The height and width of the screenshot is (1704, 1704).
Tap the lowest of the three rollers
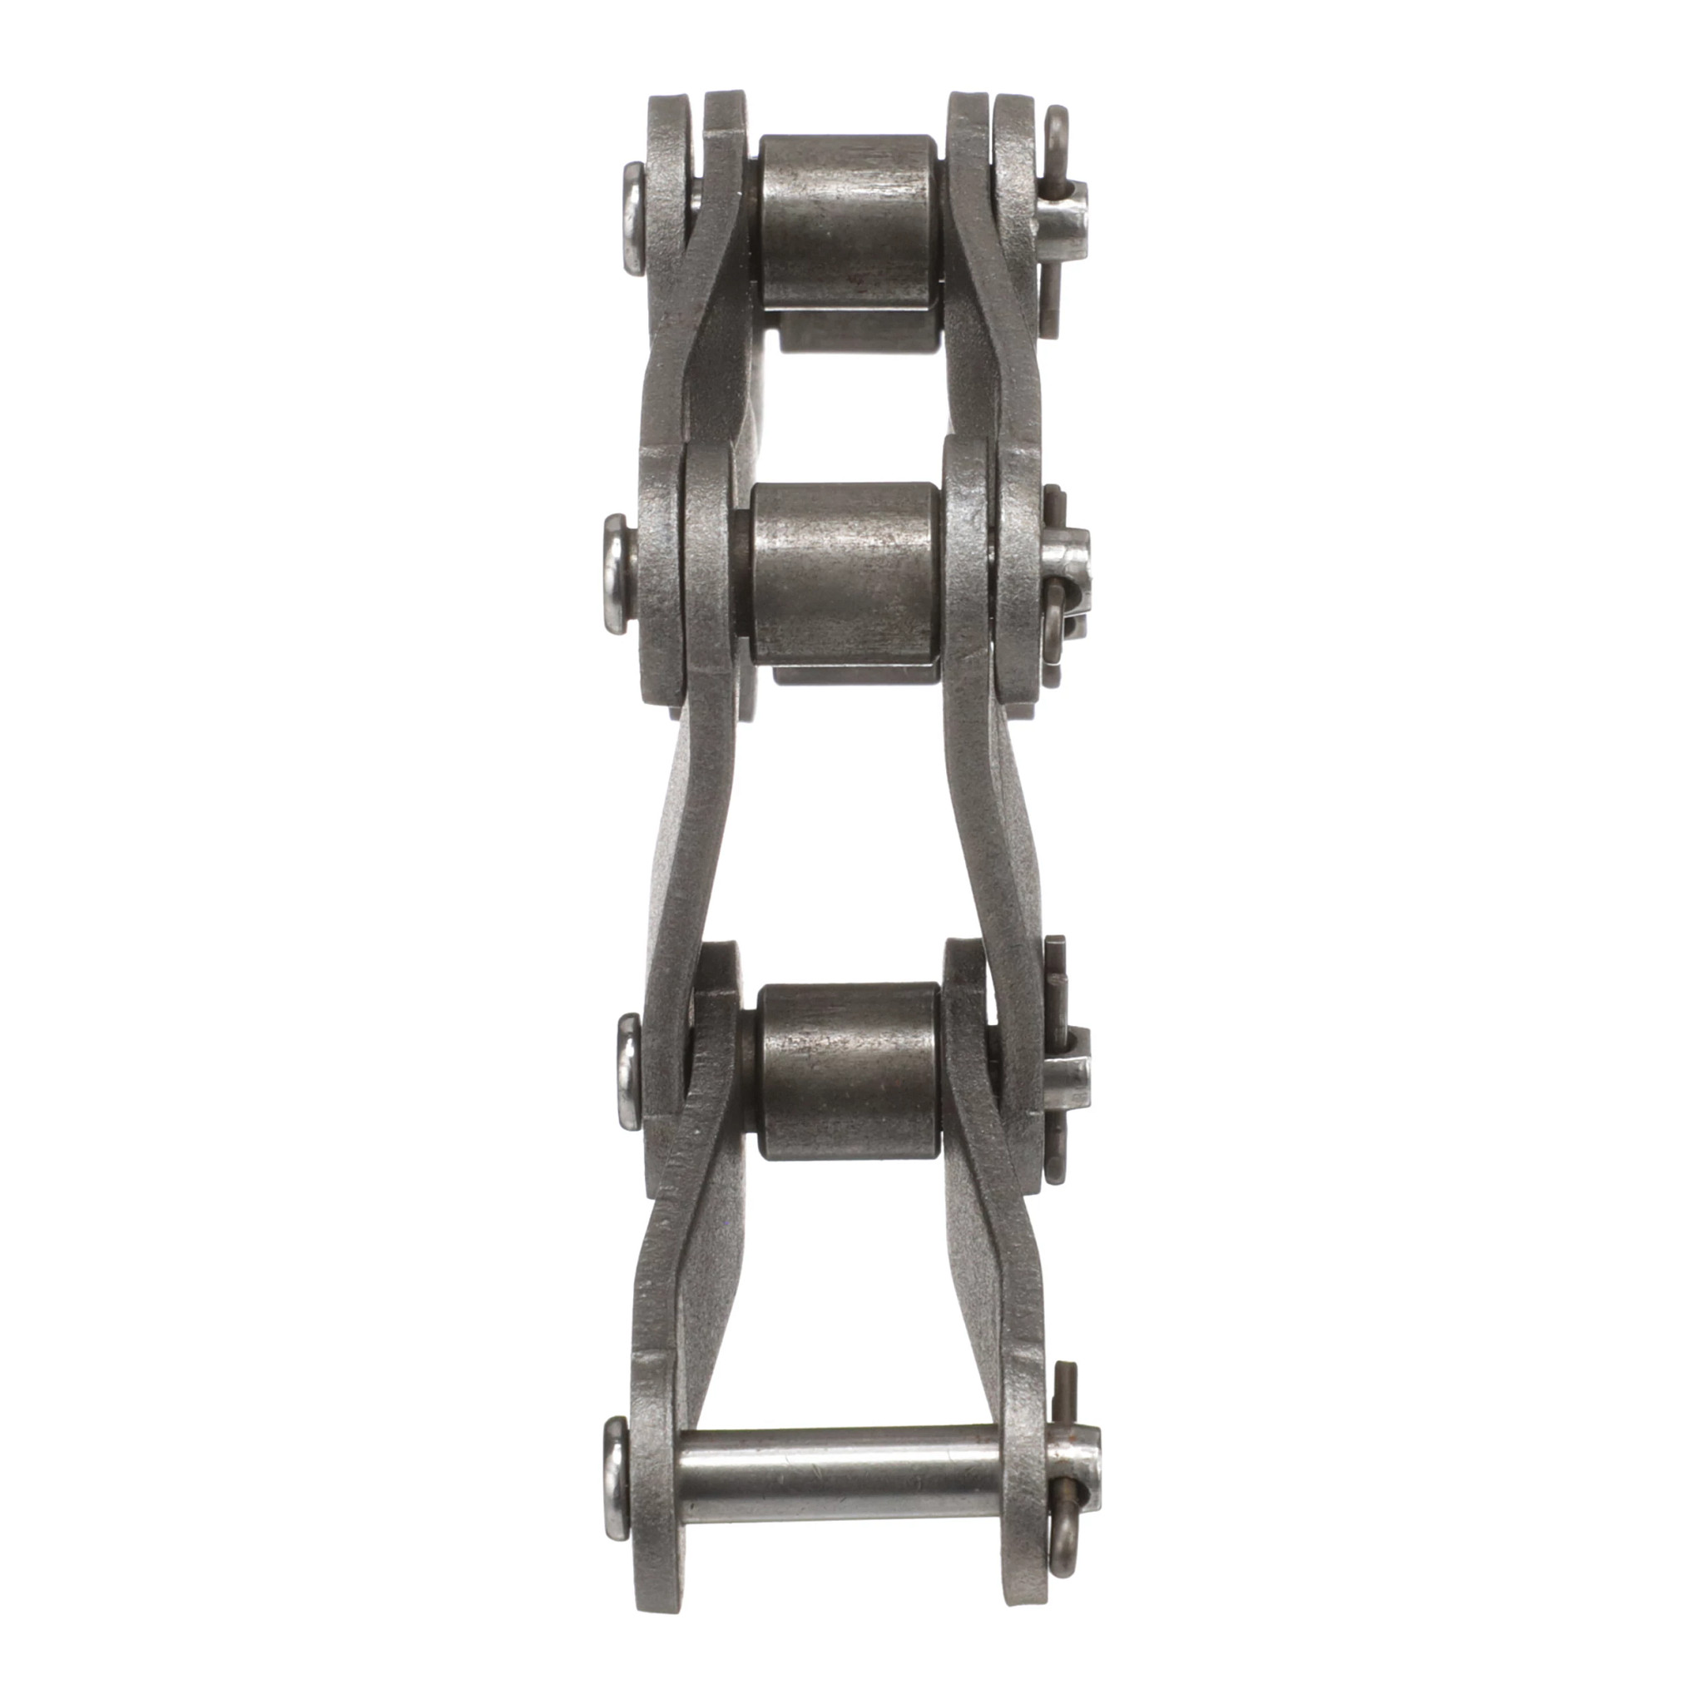pos(849,1072)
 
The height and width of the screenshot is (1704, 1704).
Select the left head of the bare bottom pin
pos(617,1477)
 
